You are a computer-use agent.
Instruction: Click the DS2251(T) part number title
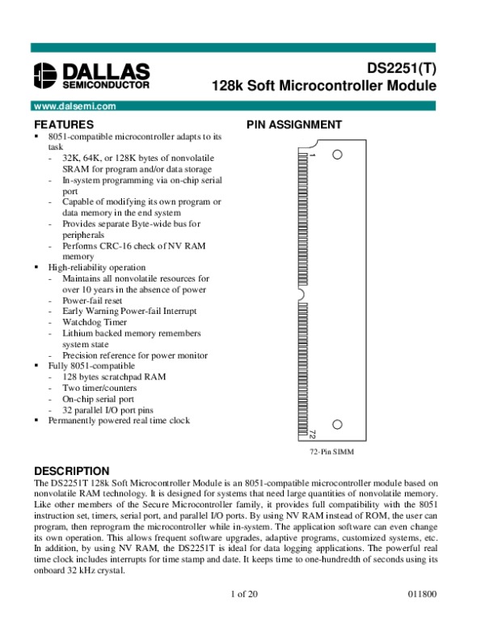pyautogui.click(x=401, y=69)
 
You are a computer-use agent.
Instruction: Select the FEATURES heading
pyautogui.click(x=64, y=125)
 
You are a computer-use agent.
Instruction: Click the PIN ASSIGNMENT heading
pyautogui.click(x=293, y=125)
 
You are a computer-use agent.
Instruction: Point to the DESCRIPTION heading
pyautogui.click(x=70, y=471)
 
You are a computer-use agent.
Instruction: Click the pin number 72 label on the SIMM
pyautogui.click(x=311, y=435)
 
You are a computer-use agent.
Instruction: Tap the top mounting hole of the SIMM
pyautogui.click(x=338, y=154)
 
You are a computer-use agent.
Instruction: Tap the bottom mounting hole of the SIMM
pyautogui.click(x=338, y=423)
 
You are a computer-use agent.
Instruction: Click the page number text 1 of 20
pyautogui.click(x=243, y=595)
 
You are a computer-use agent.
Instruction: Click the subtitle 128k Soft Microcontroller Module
pyautogui.click(x=323, y=86)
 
